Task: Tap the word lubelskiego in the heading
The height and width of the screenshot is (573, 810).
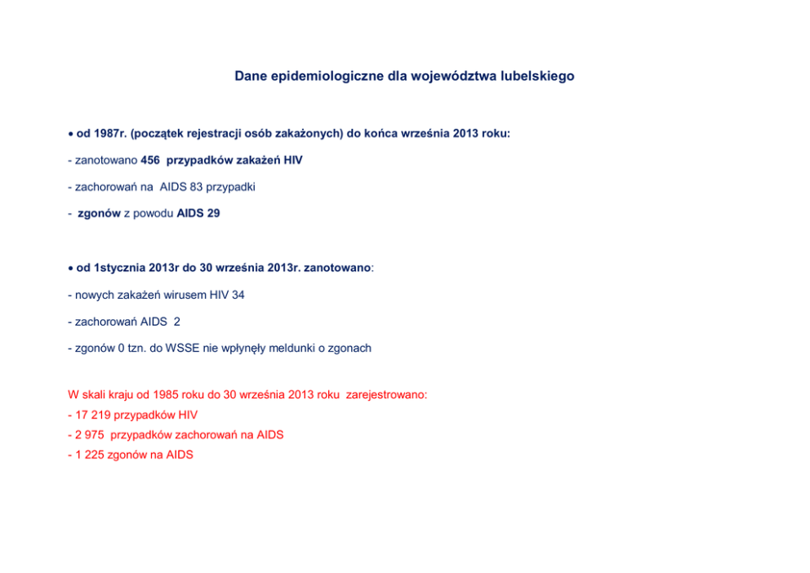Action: pos(538,76)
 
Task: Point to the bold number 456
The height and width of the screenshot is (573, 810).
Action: pos(151,161)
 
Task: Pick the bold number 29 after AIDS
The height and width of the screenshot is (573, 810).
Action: pos(212,213)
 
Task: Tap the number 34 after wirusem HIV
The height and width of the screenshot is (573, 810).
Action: pos(238,295)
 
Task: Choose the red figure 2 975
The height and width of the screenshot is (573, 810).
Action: pos(89,435)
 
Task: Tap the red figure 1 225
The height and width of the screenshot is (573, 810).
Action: pos(89,455)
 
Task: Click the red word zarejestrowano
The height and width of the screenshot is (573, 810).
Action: pos(385,394)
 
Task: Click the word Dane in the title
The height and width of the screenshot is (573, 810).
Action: pos(251,76)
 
